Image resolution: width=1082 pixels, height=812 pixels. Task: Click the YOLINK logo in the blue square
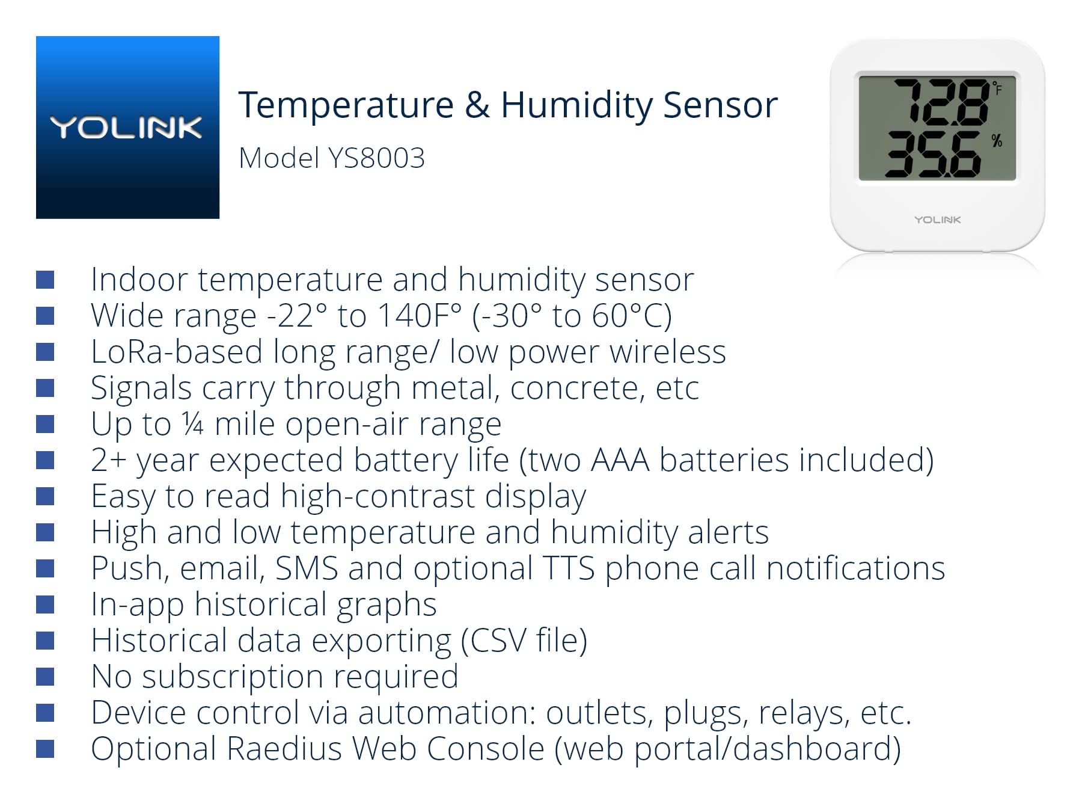(x=127, y=128)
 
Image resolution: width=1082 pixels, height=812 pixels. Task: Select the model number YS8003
(x=377, y=158)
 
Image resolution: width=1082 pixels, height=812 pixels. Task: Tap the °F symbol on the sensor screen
(x=997, y=88)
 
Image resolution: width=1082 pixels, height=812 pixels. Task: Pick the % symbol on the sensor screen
(x=997, y=141)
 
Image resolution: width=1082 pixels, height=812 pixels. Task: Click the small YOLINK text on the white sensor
(x=937, y=220)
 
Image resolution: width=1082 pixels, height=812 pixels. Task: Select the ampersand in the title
(x=477, y=105)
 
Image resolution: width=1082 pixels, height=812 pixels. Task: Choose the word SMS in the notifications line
(x=307, y=568)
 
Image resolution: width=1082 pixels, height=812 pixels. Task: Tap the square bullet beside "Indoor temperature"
(x=45, y=280)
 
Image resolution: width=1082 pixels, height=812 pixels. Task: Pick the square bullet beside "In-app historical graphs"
(x=45, y=604)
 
